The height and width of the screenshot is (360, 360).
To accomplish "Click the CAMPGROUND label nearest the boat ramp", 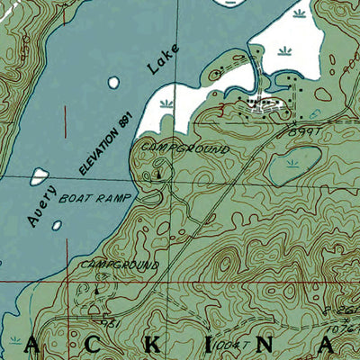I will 179,148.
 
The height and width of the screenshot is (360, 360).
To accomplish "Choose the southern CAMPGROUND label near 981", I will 119,266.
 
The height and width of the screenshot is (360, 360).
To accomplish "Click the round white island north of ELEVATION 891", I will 113,83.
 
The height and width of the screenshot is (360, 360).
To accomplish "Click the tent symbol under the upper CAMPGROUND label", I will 160,173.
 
